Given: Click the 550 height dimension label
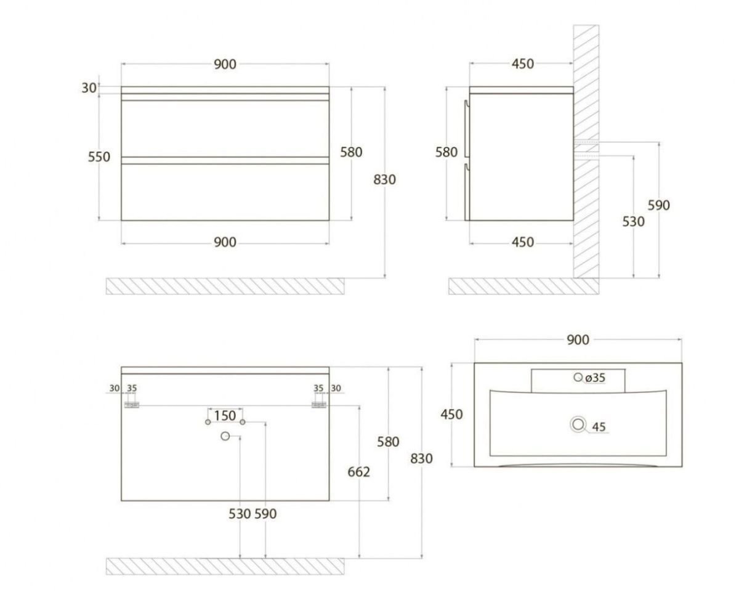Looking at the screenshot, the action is click(x=99, y=157).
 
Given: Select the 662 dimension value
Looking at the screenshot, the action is click(x=359, y=472).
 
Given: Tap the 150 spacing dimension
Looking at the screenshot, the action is click(x=225, y=416).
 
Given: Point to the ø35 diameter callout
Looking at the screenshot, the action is click(x=595, y=378).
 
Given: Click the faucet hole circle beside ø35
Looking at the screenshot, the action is click(x=578, y=377).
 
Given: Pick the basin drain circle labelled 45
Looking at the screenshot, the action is click(x=578, y=424).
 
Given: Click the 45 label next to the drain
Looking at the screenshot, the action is click(x=599, y=427).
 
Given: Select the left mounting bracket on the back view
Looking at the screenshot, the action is click(x=132, y=405).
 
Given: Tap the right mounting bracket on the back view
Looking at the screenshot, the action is click(x=319, y=405).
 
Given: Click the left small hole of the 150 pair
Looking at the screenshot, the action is click(x=208, y=422).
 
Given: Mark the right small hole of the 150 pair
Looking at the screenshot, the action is click(x=243, y=422).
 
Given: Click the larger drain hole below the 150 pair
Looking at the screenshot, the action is click(x=225, y=436).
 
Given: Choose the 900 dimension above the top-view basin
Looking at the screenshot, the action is click(x=578, y=340).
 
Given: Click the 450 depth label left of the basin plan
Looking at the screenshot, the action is click(x=452, y=415).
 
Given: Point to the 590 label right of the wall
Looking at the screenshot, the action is click(x=658, y=205).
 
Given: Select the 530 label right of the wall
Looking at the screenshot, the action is click(x=633, y=222).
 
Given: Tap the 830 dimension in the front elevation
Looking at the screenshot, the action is click(x=384, y=180).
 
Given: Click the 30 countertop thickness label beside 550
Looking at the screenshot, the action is click(x=89, y=88).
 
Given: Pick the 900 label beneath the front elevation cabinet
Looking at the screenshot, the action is click(x=225, y=242).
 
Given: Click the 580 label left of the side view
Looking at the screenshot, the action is click(x=446, y=152).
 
